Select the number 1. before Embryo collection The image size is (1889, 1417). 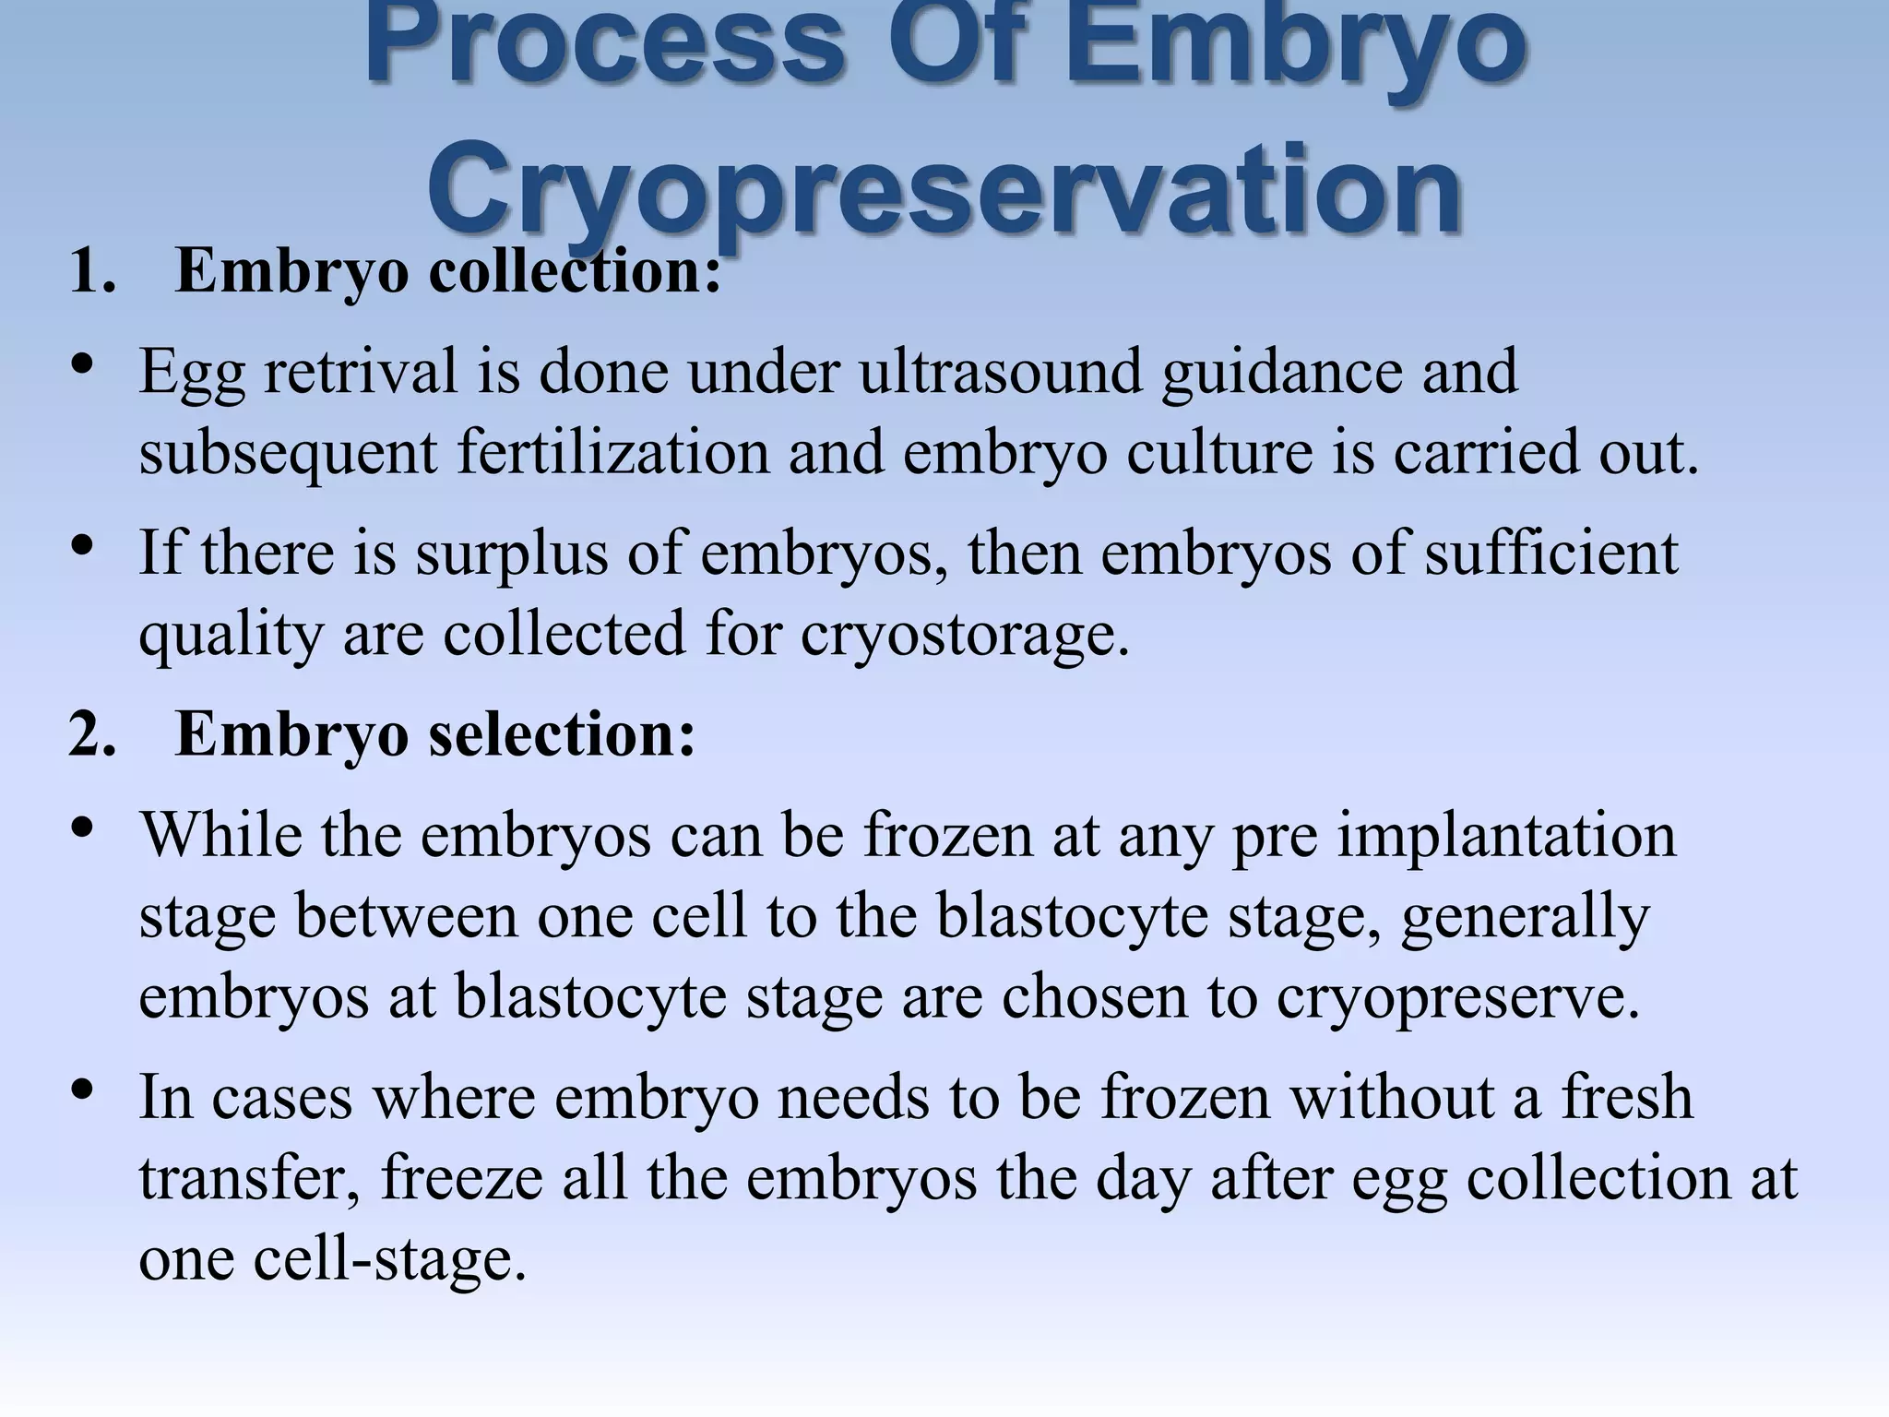coord(93,272)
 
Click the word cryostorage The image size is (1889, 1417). coord(965,636)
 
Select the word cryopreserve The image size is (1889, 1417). coord(1458,998)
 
